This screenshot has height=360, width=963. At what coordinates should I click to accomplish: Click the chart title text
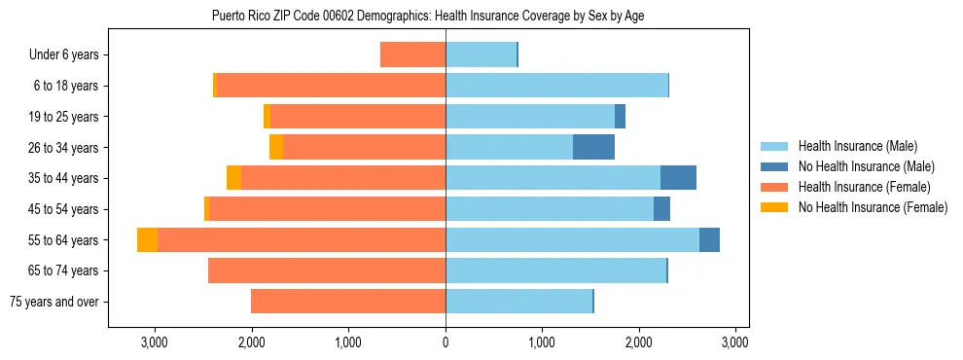(427, 16)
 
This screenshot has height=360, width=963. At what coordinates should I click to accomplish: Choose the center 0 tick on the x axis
(446, 342)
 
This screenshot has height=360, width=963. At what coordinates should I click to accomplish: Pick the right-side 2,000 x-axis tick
(638, 342)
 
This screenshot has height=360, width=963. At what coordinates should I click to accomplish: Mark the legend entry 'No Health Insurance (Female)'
(873, 207)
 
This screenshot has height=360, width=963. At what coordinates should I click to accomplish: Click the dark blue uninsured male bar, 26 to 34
(593, 147)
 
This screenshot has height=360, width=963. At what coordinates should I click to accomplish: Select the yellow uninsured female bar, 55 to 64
(147, 239)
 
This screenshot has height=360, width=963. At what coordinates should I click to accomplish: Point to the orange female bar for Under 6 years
(412, 54)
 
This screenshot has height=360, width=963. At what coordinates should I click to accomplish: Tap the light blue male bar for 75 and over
(518, 302)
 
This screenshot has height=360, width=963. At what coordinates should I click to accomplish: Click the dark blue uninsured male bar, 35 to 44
(678, 178)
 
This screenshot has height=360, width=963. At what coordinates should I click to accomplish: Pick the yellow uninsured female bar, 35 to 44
(233, 178)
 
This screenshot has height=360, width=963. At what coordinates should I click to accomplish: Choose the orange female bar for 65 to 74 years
(327, 270)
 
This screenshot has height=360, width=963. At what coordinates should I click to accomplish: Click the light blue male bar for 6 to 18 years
(556, 86)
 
